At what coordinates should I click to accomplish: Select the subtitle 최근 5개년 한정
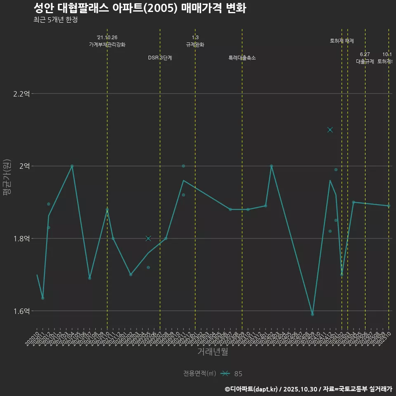point(55,20)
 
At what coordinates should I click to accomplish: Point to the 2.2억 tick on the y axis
point(21,94)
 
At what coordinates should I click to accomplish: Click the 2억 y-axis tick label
point(24,166)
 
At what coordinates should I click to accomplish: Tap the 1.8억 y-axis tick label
point(21,238)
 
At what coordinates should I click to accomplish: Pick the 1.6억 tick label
point(21,311)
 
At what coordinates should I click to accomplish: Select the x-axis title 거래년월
point(212,352)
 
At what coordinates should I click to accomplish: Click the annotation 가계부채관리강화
point(107,45)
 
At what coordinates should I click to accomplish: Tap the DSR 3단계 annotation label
point(160,58)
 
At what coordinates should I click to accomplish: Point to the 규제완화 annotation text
point(195,45)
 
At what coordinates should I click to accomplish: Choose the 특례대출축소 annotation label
point(242,58)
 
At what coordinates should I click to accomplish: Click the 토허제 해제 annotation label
point(342,41)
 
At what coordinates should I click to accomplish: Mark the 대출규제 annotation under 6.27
point(365,61)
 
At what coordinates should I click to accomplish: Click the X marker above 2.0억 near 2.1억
point(330,130)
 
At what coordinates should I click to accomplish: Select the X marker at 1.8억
point(148,238)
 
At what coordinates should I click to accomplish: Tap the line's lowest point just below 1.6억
point(312,314)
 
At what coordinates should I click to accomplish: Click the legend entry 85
point(238,374)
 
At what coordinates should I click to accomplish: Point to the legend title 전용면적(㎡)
point(200,374)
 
